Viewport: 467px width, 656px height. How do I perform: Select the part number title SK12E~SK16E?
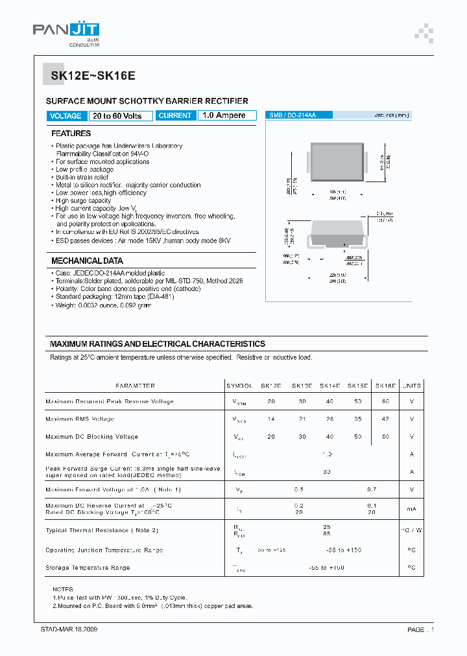point(93,75)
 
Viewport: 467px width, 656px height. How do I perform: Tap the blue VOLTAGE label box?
point(66,116)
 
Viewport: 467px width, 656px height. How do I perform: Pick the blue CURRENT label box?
point(175,115)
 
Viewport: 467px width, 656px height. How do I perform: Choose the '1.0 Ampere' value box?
point(224,115)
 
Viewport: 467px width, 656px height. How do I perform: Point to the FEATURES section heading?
point(71,134)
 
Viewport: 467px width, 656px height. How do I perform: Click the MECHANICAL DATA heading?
point(87,261)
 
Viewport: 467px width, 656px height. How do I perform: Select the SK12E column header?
point(270,386)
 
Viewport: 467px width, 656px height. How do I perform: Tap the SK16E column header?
point(385,386)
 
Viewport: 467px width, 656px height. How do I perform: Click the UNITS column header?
point(412,386)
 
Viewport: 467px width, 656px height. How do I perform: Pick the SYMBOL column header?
point(239,386)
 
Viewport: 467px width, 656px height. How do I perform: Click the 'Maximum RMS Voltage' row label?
point(80,419)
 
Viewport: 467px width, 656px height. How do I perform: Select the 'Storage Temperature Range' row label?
point(88,568)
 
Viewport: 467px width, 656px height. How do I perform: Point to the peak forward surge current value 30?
point(327,472)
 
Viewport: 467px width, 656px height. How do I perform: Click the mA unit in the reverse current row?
point(412,509)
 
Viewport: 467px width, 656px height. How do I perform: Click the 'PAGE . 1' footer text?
point(420,629)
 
